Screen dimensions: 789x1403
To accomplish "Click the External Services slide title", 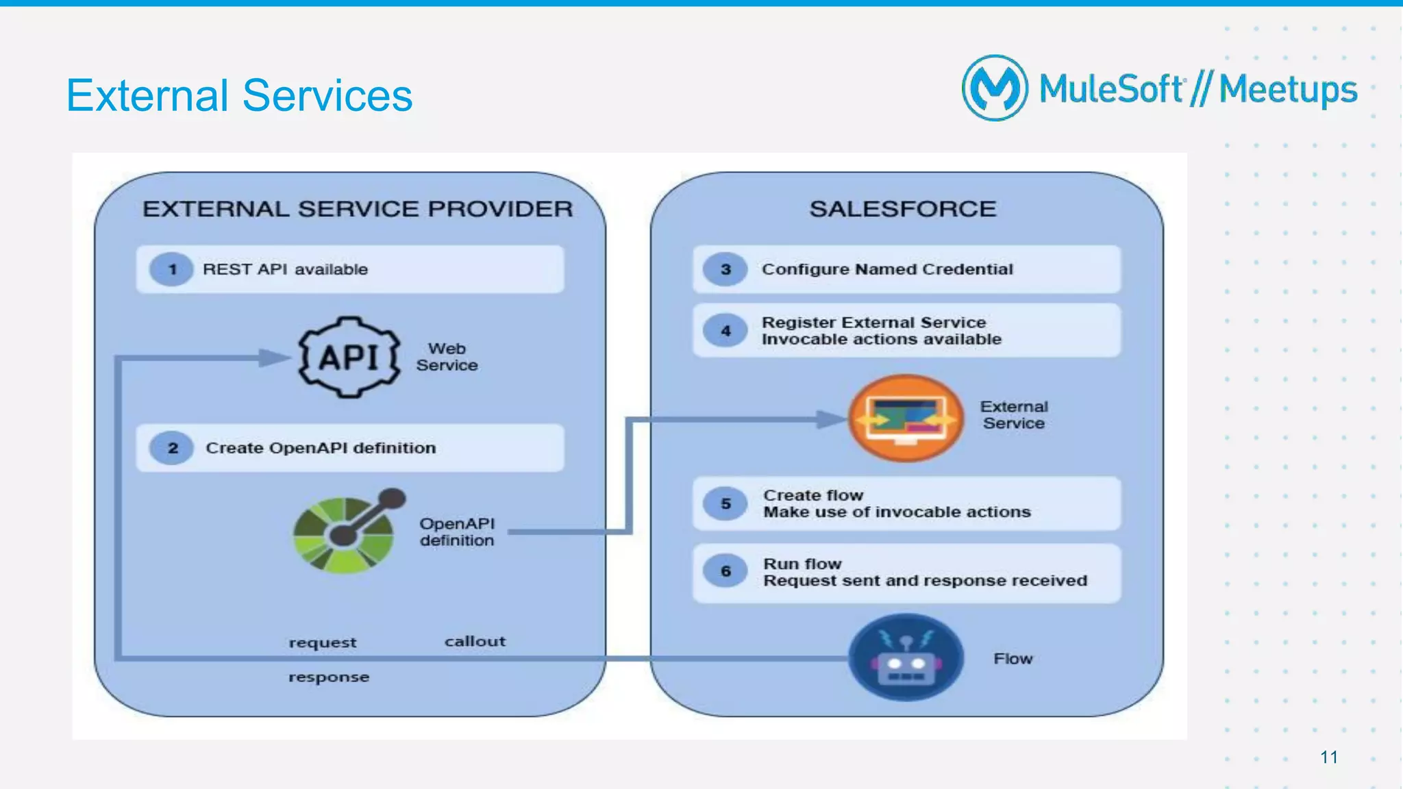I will tap(239, 95).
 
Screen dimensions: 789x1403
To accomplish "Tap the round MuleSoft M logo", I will tap(995, 88).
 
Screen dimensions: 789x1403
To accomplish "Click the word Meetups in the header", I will tap(1288, 90).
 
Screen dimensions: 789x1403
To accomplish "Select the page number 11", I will tap(1329, 757).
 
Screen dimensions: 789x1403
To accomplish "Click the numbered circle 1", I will tap(172, 269).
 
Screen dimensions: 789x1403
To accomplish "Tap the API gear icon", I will tap(349, 357).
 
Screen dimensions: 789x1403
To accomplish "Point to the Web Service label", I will tap(447, 357).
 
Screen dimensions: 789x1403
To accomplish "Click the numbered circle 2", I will tap(172, 448).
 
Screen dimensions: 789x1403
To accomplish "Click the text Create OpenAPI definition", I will tap(321, 448).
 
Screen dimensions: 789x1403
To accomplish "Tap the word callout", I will tap(475, 642).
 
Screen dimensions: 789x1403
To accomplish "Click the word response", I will tap(329, 677).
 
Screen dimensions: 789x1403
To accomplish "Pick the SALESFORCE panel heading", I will tap(902, 209).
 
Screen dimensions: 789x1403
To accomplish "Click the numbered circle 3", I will tap(725, 269).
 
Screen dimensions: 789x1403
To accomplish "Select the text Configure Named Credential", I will tap(887, 269).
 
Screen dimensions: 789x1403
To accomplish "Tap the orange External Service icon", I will tap(906, 418).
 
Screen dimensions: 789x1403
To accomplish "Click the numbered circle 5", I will tap(725, 504).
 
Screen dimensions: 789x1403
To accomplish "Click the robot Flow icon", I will tap(906, 658).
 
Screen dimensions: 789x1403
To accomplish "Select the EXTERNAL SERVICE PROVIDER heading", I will tap(357, 209).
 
